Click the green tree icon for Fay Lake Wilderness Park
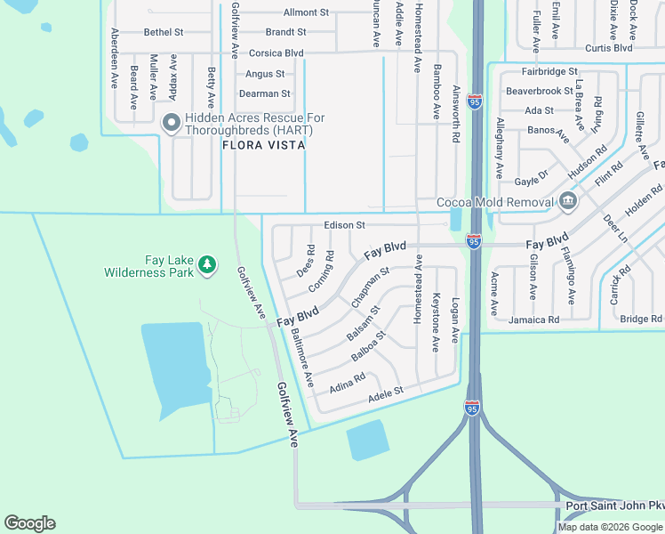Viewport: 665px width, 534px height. coord(206,264)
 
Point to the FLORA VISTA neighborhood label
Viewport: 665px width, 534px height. coord(264,144)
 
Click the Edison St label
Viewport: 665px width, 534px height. coord(344,226)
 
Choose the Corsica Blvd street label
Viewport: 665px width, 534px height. coord(276,53)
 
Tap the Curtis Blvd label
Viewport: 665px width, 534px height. coord(607,48)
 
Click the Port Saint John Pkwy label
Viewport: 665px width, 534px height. coord(614,506)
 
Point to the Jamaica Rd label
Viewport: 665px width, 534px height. coord(533,319)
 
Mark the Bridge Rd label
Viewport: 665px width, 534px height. coord(641,319)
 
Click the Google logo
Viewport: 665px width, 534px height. coord(29,523)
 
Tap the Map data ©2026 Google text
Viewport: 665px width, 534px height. coord(610,527)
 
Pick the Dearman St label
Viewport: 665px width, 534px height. coord(265,93)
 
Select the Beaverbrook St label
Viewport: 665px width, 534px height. coord(539,91)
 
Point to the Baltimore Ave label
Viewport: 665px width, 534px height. coord(302,358)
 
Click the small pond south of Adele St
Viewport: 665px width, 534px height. coord(367,440)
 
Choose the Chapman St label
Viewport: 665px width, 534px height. coord(370,288)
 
